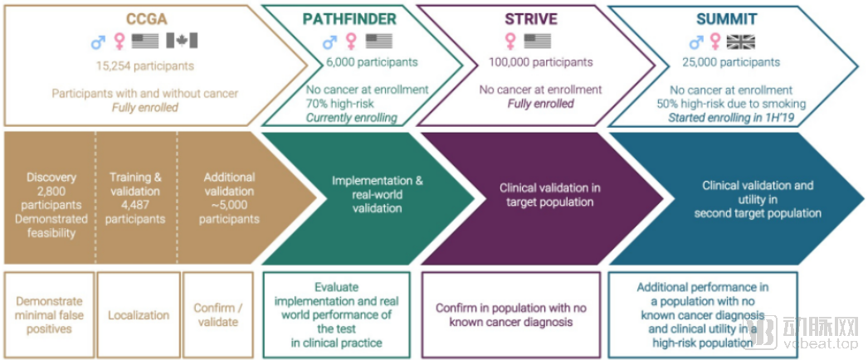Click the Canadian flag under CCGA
click(182, 41)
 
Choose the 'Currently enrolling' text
click(351, 118)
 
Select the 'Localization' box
click(138, 315)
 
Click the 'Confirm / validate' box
click(217, 315)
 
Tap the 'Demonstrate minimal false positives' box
click(49, 315)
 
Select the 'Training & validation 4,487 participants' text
click(137, 197)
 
